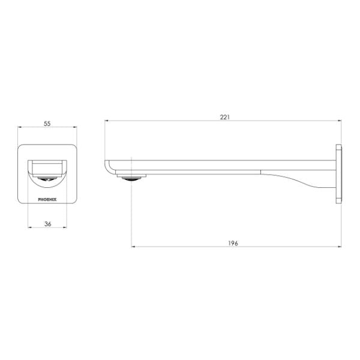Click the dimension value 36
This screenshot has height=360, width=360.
47,223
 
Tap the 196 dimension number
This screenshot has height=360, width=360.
233,243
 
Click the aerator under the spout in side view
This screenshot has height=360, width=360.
132,176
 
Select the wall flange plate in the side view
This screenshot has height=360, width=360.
340,172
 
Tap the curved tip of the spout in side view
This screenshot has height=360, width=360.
108,166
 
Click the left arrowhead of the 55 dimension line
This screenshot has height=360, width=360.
20,128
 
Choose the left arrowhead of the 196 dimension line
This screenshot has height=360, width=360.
133,247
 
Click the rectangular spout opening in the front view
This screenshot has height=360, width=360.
47,164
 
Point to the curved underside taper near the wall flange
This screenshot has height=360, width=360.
300,179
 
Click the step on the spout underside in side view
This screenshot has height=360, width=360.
261,172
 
